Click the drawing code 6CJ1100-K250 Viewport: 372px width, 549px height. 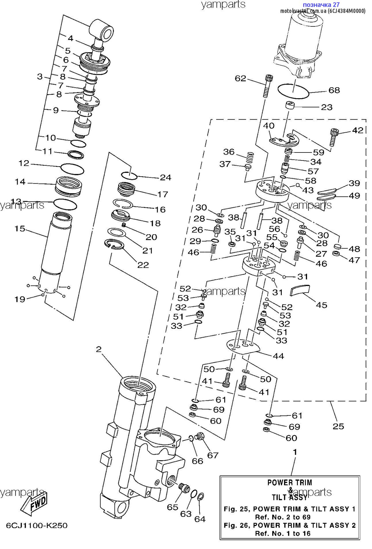pos(37,526)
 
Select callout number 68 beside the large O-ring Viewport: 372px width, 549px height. pos(334,90)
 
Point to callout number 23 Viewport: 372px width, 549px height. pos(327,107)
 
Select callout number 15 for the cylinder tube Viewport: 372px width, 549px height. pos(20,228)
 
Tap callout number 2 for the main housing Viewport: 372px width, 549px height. pos(99,349)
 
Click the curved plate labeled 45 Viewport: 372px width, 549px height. pos(300,290)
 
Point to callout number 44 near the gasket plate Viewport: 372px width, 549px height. pos(278,356)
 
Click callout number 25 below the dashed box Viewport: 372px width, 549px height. pos(338,426)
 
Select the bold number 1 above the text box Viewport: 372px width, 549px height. pos(295,452)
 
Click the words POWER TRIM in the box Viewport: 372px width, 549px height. pos(290,483)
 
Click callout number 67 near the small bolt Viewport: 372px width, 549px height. pos(213,455)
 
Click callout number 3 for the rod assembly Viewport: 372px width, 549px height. pos(40,77)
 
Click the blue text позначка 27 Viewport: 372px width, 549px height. pos(321,5)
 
